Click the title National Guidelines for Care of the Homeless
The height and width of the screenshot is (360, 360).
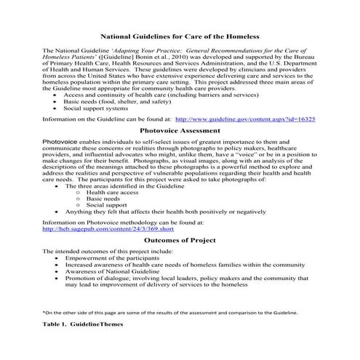coord(180,34)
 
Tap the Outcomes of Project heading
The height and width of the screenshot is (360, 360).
coord(180,239)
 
